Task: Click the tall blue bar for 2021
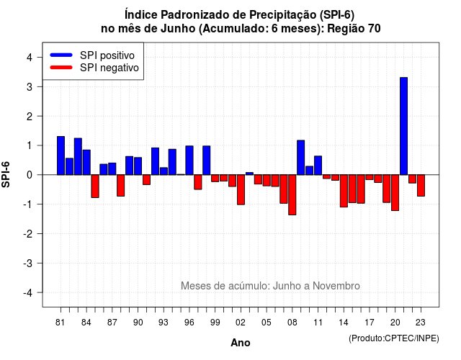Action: [403, 126]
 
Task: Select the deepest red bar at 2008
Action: [292, 195]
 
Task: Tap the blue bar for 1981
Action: [61, 156]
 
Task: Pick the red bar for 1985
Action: [95, 186]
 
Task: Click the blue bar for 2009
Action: [301, 158]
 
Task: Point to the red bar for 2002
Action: [241, 190]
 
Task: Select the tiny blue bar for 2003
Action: [249, 174]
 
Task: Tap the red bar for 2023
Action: [421, 186]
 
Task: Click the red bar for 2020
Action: [395, 193]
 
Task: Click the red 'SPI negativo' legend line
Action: [61, 68]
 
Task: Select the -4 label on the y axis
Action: [27, 293]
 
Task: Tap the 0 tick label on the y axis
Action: [30, 175]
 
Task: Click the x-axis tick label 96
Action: [189, 323]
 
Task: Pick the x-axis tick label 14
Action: [344, 323]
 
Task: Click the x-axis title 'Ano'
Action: [241, 343]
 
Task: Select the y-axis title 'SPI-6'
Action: [6, 174]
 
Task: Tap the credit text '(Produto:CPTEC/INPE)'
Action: [394, 338]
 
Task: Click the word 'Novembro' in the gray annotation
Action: [336, 286]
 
